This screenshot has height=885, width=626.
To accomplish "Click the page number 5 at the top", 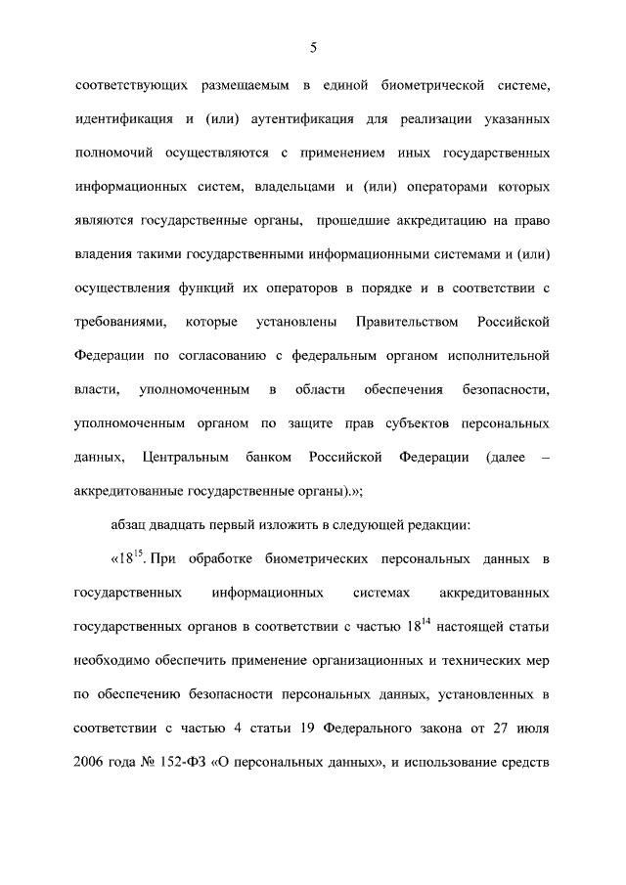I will [x=313, y=47].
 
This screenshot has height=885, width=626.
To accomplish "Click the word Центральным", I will [x=186, y=456].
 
